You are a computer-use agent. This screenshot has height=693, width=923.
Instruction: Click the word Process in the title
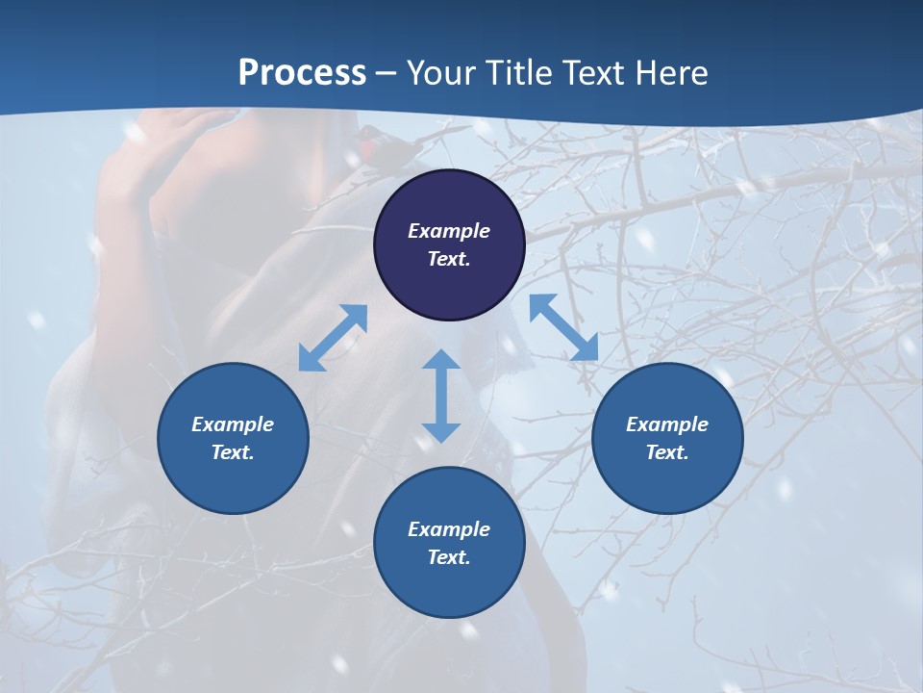pos(302,73)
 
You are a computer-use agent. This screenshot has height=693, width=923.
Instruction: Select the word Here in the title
pos(670,73)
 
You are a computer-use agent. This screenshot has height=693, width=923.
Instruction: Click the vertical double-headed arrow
pos(441,396)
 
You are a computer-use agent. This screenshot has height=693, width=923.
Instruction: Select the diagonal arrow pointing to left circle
pos(333,338)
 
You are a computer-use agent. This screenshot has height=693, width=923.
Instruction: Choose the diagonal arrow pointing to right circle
pos(563,327)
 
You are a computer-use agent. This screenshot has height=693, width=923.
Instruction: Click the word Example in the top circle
pos(449,231)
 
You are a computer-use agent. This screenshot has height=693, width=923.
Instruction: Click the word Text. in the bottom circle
pos(449,557)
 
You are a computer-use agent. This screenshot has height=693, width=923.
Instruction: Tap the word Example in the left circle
pos(233,424)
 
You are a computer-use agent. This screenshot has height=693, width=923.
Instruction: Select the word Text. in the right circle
pos(667,452)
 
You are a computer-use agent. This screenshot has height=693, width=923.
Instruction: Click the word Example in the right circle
pos(667,424)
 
